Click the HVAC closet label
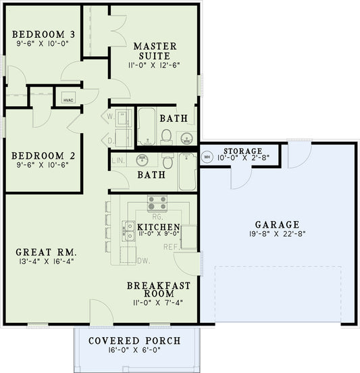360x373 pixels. pos(68,99)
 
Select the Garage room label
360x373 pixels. pos(278,224)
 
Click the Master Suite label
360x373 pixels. pos(155,51)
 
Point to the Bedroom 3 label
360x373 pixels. pos(43,34)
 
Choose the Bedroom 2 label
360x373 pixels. pos(43,154)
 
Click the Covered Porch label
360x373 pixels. pos(134,340)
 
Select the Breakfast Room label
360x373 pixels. pos(158,290)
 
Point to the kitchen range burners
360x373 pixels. pos(157,203)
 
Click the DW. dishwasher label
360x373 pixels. pos(143,261)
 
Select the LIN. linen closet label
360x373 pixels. pos(118,161)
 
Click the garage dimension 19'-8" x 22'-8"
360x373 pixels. pos(278,235)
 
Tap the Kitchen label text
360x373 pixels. pos(158,226)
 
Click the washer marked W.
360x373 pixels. pos(111,117)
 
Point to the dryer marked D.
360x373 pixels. pos(111,141)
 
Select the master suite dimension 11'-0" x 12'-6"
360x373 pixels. pos(155,66)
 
